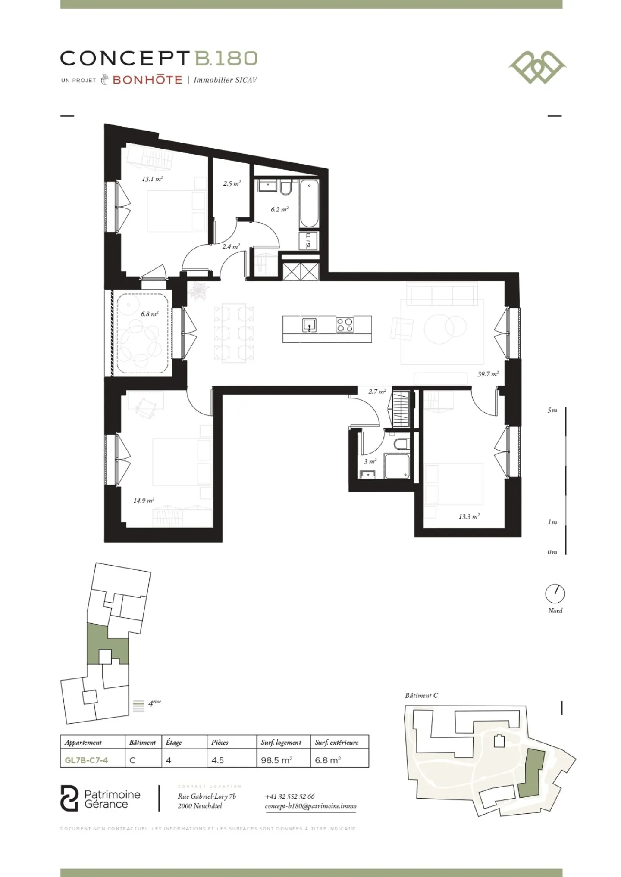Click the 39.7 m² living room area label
pyautogui.click(x=487, y=374)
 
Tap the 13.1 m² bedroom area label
pyautogui.click(x=152, y=179)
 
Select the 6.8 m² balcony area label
pyautogui.click(x=149, y=314)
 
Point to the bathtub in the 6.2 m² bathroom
pyautogui.click(x=309, y=204)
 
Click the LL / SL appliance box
pyautogui.click(x=308, y=241)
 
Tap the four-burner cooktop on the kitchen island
pyautogui.click(x=344, y=325)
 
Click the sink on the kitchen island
pyautogui.click(x=309, y=325)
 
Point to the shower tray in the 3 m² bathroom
pyautogui.click(x=396, y=466)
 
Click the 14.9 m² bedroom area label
pyautogui.click(x=143, y=500)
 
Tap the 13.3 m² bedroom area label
pyautogui.click(x=469, y=516)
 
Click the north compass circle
pyautogui.click(x=555, y=594)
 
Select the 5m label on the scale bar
pyautogui.click(x=552, y=410)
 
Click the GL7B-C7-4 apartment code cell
pyautogui.click(x=86, y=760)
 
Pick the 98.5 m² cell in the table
pyautogui.click(x=276, y=760)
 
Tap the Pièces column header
pyautogui.click(x=220, y=742)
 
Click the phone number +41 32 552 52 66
pyautogui.click(x=289, y=796)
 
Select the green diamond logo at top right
pyautogui.click(x=537, y=67)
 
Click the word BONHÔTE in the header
pyautogui.click(x=147, y=80)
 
